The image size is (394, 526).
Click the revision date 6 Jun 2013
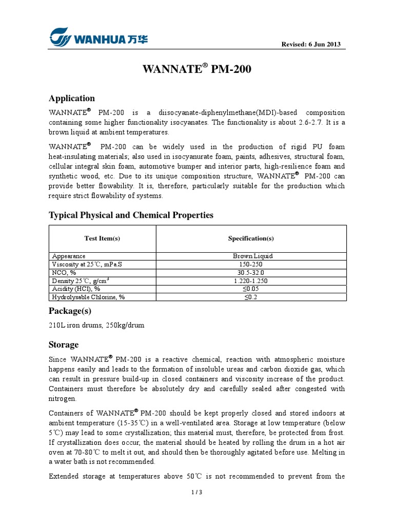point(311,45)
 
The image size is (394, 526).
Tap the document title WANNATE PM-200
point(196,69)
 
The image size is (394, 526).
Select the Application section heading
point(71,98)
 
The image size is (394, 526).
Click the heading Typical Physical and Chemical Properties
point(131,215)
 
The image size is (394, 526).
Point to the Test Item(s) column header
point(102,238)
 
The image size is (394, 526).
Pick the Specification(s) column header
point(251,238)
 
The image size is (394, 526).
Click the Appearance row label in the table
point(69,256)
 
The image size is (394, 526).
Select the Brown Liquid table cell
point(251,256)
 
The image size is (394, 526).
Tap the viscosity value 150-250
point(251,264)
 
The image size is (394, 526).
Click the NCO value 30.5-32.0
point(251,272)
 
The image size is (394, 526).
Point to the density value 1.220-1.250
point(251,280)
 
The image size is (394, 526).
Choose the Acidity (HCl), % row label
point(76,289)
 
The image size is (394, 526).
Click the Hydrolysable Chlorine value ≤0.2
point(251,297)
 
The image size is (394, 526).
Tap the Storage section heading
point(64,345)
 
